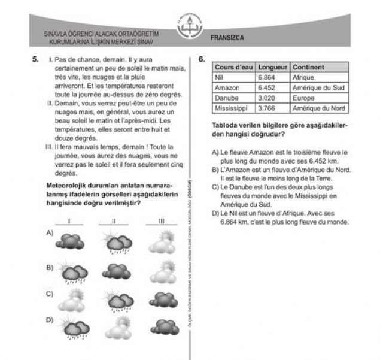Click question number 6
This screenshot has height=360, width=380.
coord(202,60)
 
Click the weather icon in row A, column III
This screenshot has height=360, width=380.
coord(160,242)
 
